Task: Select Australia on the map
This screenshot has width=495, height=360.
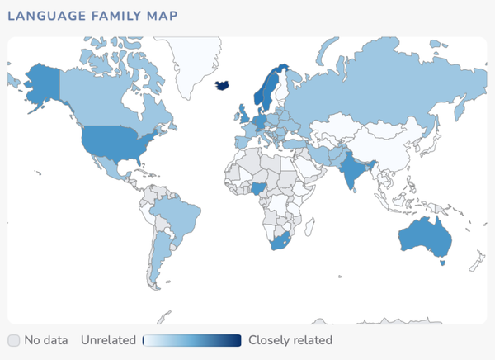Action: click(x=424, y=238)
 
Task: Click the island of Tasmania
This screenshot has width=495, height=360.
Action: click(x=444, y=263)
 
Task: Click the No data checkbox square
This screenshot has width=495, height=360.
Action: click(x=14, y=340)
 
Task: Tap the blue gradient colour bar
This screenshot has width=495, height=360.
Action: click(x=191, y=340)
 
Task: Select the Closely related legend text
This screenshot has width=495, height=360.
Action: click(x=290, y=340)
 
